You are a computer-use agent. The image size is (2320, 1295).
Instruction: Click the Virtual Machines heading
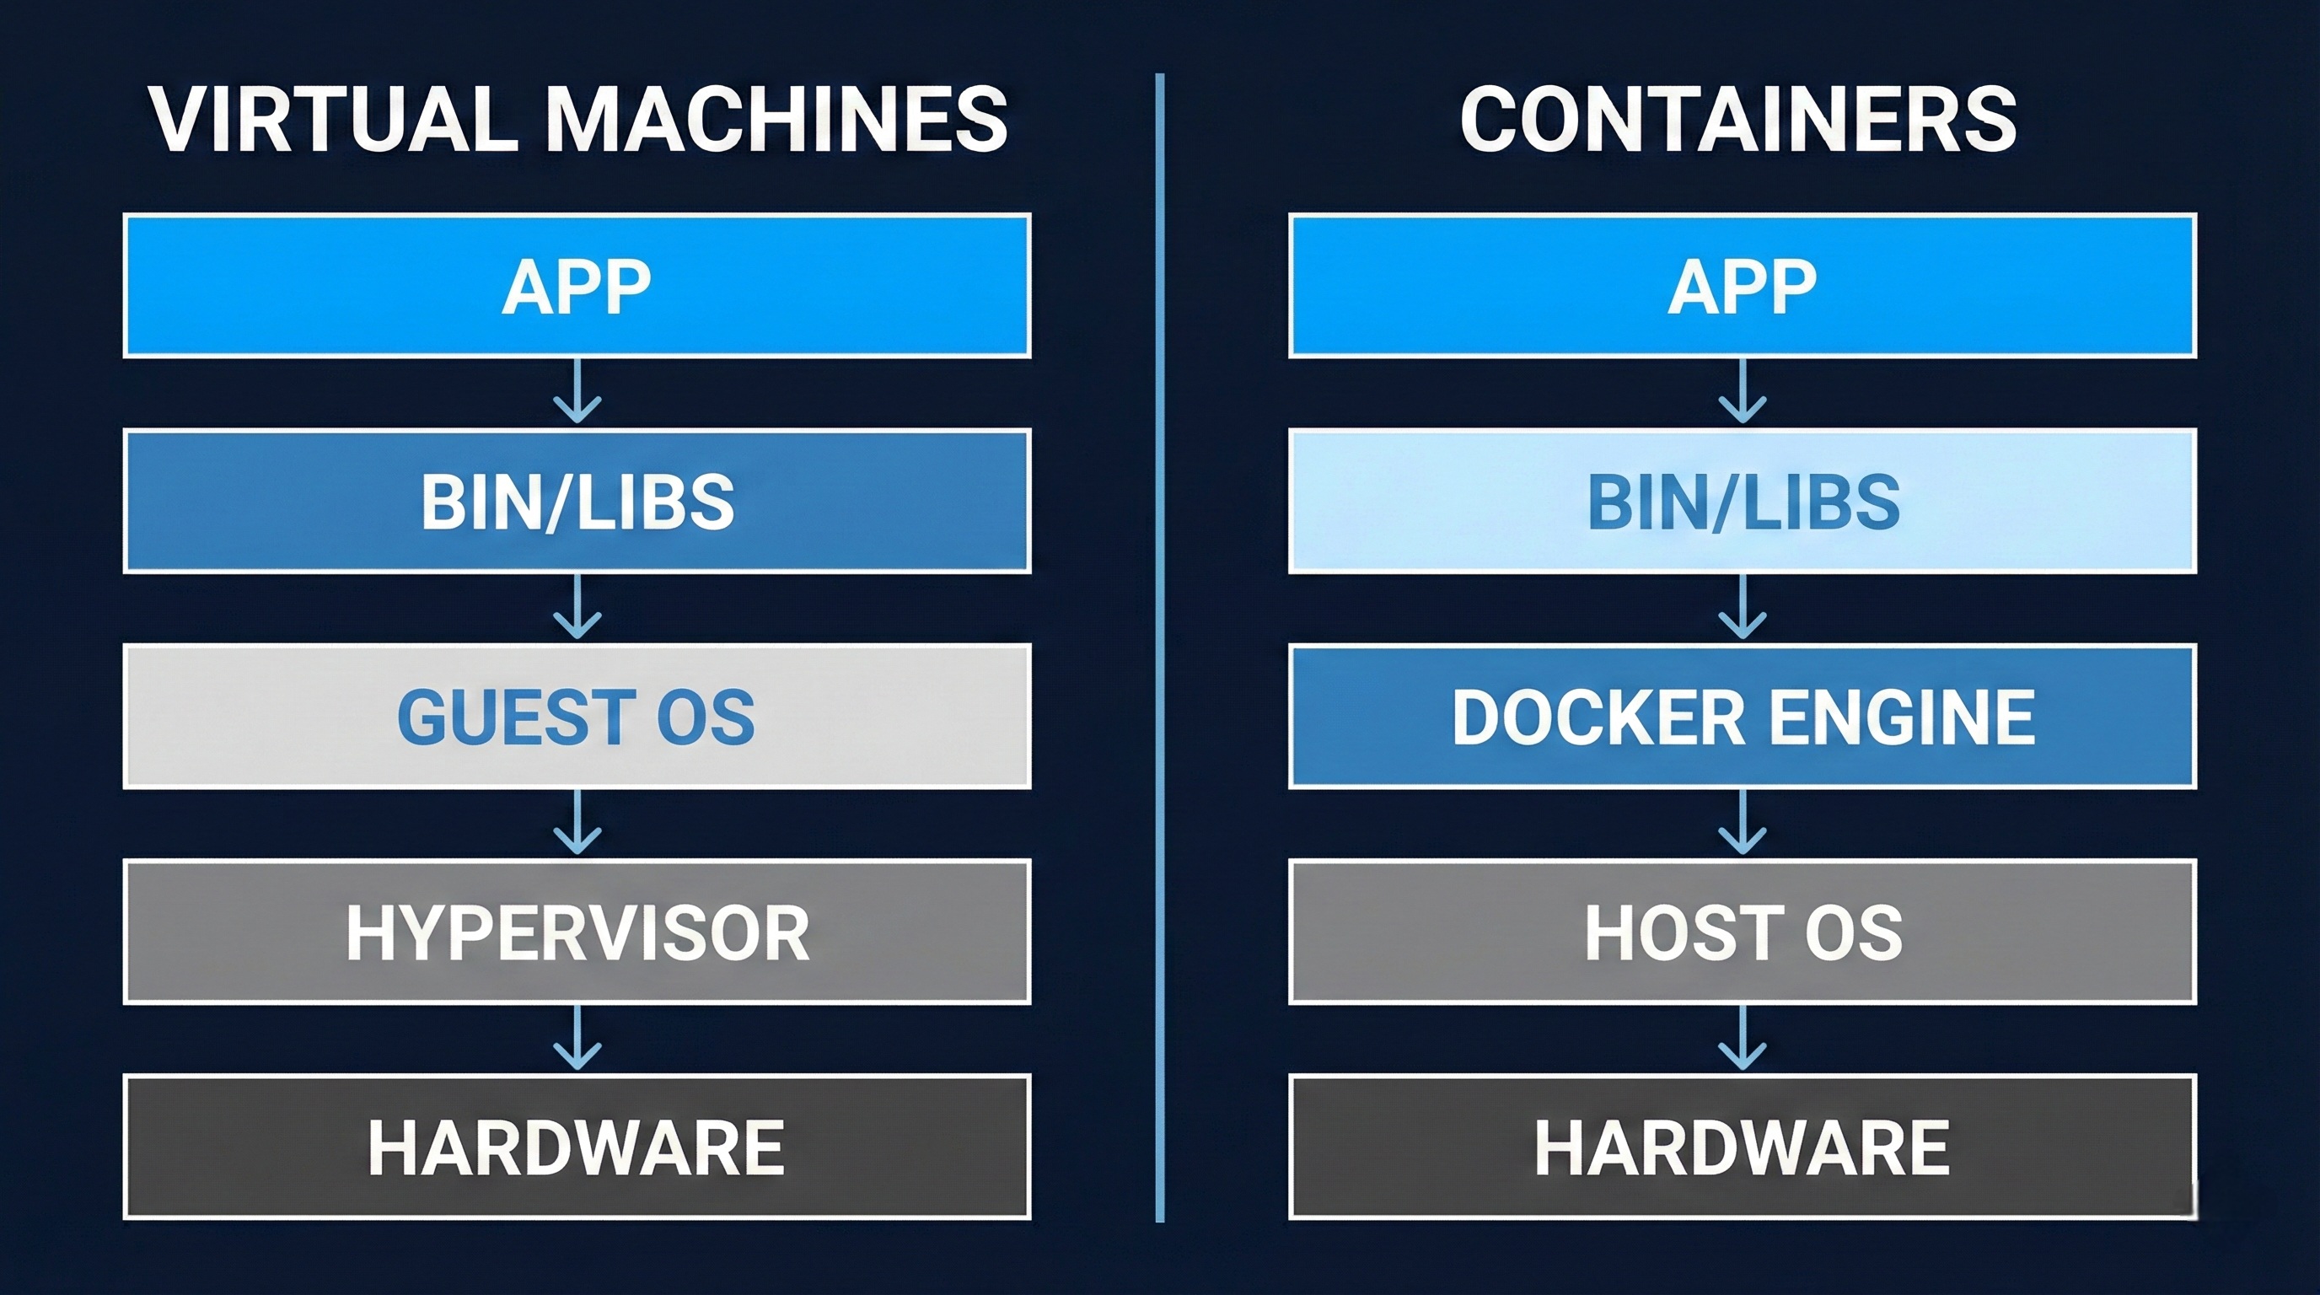577,119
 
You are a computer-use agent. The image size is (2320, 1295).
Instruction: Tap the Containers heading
1738,119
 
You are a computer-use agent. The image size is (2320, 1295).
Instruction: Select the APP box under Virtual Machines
577,286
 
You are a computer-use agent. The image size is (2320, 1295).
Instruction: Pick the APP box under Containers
1742,286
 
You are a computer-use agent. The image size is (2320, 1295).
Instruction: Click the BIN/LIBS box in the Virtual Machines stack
577,501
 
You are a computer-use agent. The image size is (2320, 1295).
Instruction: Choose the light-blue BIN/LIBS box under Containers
1742,501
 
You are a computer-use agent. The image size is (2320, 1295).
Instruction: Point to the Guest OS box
577,716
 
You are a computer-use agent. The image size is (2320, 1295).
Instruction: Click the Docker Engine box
1742,716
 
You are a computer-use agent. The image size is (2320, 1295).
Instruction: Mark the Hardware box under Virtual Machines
577,1147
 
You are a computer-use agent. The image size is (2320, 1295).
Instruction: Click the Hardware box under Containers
1742,1147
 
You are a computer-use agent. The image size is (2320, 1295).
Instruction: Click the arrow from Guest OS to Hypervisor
577,823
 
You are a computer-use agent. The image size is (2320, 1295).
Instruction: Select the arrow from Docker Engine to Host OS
1742,823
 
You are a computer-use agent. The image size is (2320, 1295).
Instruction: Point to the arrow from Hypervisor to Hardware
577,1039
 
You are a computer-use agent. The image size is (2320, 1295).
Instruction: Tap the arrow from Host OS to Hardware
1742,1039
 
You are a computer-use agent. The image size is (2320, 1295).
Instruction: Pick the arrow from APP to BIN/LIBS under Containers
1742,393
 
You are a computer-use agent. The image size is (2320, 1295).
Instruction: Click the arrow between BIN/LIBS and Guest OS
577,608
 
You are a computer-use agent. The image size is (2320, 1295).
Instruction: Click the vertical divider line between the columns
1160,648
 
